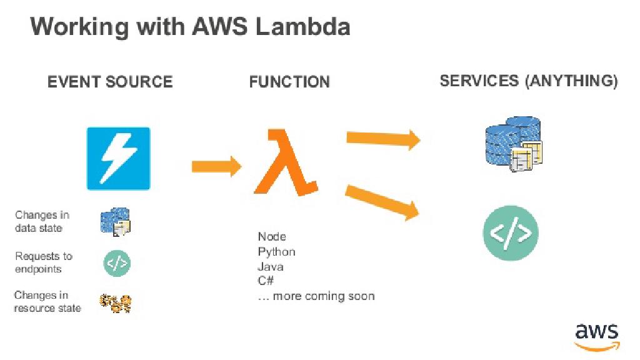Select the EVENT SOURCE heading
[110, 82]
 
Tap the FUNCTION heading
[289, 82]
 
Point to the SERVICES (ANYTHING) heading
[529, 81]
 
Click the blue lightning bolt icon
[119, 158]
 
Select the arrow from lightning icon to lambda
[216, 166]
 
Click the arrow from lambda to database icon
[383, 138]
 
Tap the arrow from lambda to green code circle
[382, 202]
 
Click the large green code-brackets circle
[511, 234]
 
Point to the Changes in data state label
[42, 222]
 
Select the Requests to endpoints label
[44, 262]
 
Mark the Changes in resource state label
[47, 302]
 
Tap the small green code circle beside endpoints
[117, 263]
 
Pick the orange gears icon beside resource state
[116, 303]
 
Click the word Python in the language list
[276, 252]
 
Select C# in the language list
[266, 281]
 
